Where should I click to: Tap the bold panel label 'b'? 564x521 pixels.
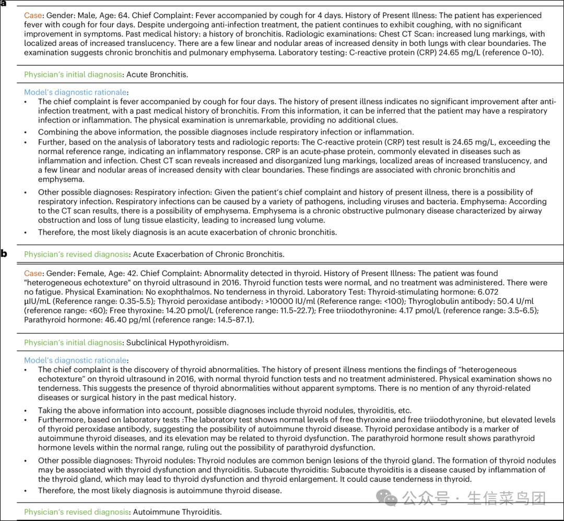click(4, 254)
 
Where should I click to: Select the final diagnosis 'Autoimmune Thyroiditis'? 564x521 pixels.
click(177, 512)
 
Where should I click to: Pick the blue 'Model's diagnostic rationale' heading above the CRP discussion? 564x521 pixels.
click(76, 92)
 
